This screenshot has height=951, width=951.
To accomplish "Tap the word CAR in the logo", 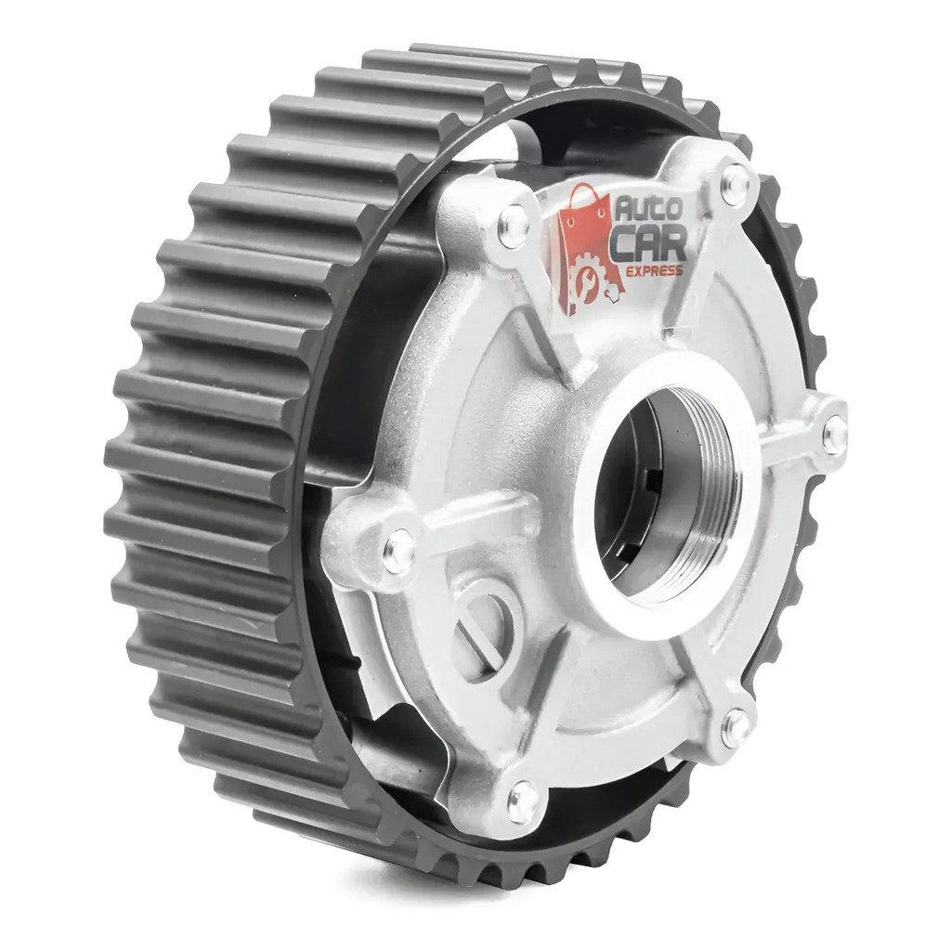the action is (x=648, y=245).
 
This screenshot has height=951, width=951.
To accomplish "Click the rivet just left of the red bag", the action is (x=514, y=227).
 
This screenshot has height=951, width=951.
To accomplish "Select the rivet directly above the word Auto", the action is (x=736, y=179).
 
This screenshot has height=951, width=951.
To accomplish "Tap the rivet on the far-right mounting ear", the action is (x=835, y=432).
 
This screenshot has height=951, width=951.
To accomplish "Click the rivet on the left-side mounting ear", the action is (x=399, y=550).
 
